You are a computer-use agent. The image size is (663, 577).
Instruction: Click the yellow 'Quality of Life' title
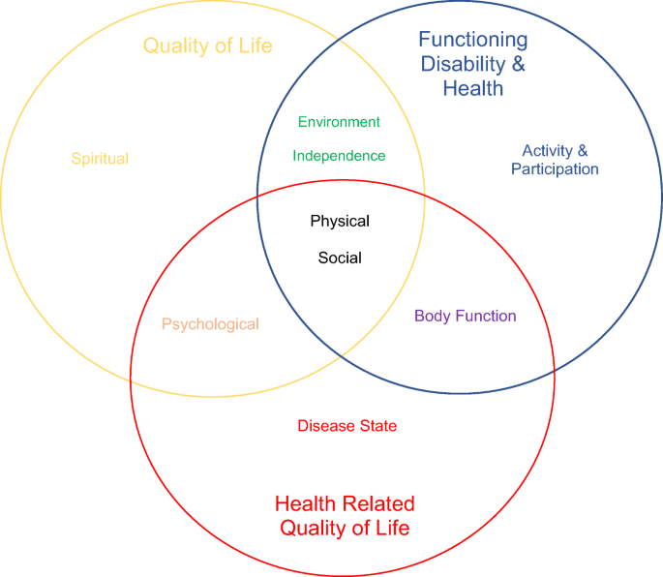pyautogui.click(x=207, y=46)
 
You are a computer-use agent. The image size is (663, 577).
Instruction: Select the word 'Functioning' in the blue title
pyautogui.click(x=473, y=41)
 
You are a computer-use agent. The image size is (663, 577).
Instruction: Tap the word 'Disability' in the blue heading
pyautogui.click(x=463, y=65)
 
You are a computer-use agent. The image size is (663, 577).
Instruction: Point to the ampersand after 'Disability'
pyautogui.click(x=519, y=64)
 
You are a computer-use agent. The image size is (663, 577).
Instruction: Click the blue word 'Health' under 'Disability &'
pyautogui.click(x=473, y=88)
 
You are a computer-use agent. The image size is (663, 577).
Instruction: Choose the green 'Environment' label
pyautogui.click(x=339, y=122)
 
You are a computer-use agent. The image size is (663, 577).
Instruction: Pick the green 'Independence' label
pyautogui.click(x=339, y=156)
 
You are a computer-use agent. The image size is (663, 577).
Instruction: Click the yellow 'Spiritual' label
pyautogui.click(x=100, y=159)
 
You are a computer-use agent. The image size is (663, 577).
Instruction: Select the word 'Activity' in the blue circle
pyautogui.click(x=548, y=151)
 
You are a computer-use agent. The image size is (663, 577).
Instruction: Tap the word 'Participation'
pyautogui.click(x=555, y=169)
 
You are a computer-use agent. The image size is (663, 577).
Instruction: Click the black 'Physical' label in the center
pyautogui.click(x=340, y=222)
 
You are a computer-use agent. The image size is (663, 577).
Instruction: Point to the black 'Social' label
pyautogui.click(x=340, y=258)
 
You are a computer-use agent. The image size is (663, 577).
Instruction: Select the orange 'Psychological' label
pyautogui.click(x=210, y=324)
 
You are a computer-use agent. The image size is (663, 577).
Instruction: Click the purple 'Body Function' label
pyautogui.click(x=466, y=316)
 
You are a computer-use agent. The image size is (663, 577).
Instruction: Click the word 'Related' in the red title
pyautogui.click(x=378, y=503)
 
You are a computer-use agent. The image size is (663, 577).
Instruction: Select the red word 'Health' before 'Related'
pyautogui.click(x=305, y=503)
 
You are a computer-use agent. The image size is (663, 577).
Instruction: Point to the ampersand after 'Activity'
pyautogui.click(x=583, y=150)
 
